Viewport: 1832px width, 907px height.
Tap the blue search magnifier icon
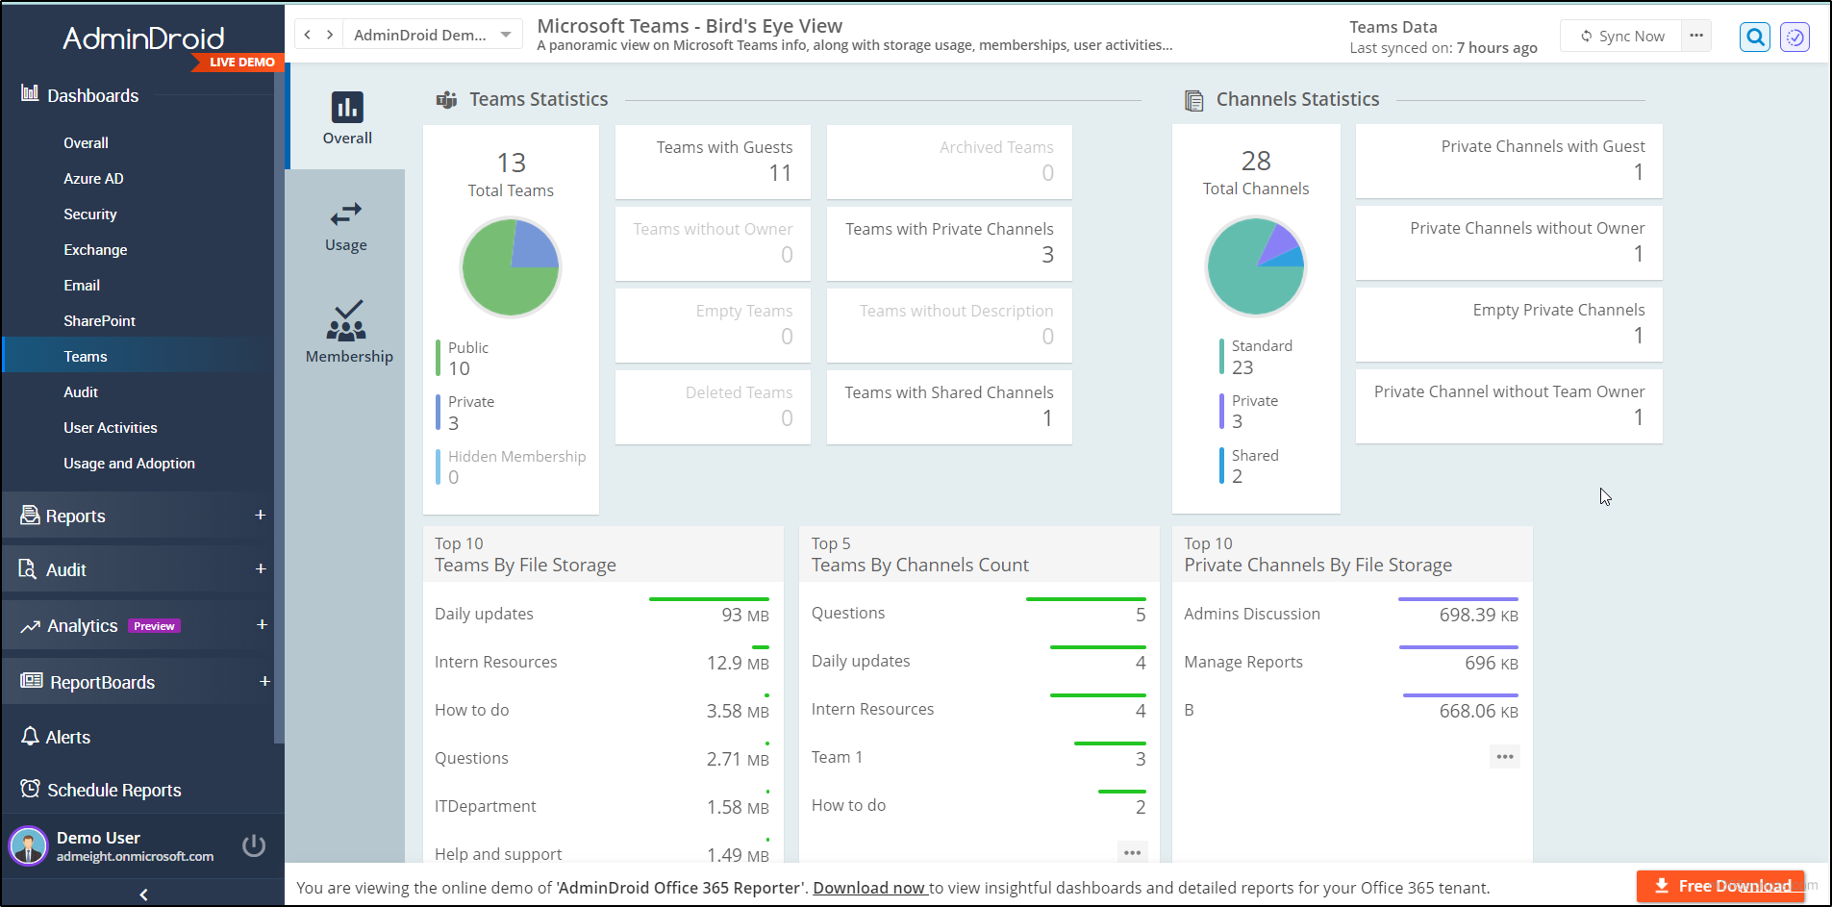[x=1755, y=38]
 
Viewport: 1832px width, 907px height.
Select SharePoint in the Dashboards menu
[x=99, y=321]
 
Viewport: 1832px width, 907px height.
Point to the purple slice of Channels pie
[x=1276, y=244]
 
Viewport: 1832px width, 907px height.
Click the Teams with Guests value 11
[x=780, y=173]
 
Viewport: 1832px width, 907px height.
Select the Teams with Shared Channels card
[x=948, y=406]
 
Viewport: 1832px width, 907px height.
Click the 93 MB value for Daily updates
[x=744, y=616]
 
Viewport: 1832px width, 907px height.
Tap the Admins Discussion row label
[x=1251, y=615]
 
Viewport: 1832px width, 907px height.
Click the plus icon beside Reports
[x=260, y=516]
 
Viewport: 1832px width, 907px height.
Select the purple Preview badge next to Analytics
[x=154, y=626]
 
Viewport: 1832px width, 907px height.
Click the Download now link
[x=869, y=888]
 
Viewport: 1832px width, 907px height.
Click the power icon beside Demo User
[x=254, y=845]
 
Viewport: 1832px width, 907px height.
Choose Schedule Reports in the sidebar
[x=113, y=791]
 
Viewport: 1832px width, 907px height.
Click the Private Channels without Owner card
[x=1508, y=241]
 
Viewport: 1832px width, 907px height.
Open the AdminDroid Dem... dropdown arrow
[x=506, y=36]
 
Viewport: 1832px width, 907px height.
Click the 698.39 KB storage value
[x=1478, y=616]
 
